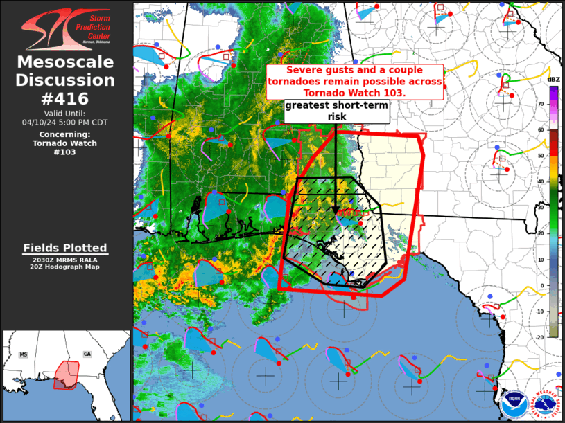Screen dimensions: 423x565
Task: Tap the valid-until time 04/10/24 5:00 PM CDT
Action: [66, 123]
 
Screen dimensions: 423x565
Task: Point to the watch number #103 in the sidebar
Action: [66, 152]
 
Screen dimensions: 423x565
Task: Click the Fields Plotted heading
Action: [65, 248]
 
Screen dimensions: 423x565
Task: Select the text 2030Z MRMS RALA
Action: [65, 260]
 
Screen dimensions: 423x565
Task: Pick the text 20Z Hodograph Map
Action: [65, 267]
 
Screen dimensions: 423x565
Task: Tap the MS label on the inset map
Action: [23, 354]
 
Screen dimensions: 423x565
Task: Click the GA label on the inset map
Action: [87, 354]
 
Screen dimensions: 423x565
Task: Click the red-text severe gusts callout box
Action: [355, 82]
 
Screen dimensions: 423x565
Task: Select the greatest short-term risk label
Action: [336, 111]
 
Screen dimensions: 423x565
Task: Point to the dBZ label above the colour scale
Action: [553, 80]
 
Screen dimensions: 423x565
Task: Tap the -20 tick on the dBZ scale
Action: [540, 337]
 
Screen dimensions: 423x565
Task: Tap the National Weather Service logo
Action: [548, 402]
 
